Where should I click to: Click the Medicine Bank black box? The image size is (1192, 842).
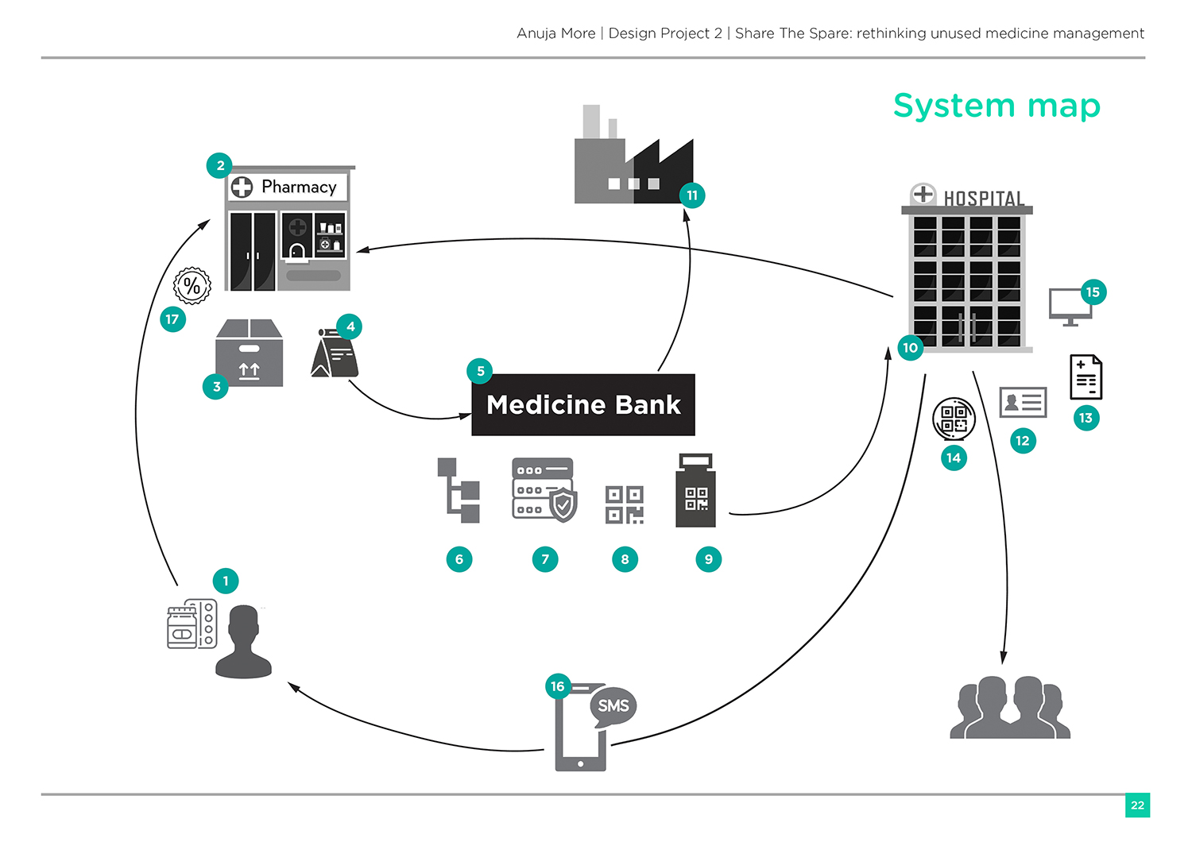(583, 405)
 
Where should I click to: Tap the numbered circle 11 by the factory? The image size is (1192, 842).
(692, 195)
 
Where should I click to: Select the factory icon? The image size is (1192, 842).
(633, 159)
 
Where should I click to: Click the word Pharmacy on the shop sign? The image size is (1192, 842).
(299, 187)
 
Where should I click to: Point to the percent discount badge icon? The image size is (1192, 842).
(192, 285)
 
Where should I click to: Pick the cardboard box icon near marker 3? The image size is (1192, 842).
(250, 353)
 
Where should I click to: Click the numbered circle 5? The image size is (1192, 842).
(480, 371)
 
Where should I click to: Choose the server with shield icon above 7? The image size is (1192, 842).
(544, 489)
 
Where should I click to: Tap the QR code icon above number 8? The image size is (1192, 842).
(625, 504)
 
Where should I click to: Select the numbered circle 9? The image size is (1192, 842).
(708, 559)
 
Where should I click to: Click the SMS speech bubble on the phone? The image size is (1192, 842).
(613, 705)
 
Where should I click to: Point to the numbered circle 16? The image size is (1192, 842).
(558, 686)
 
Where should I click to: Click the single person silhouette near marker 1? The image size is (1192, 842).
(244, 642)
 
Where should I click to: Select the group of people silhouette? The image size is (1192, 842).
(1010, 707)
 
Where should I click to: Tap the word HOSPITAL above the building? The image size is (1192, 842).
(984, 198)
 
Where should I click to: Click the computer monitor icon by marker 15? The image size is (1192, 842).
(1069, 306)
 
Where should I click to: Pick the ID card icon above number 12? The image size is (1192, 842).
(1023, 403)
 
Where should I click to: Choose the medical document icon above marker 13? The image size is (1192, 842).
(1086, 377)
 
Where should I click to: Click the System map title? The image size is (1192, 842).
(997, 106)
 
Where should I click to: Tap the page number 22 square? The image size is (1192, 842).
(1137, 805)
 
